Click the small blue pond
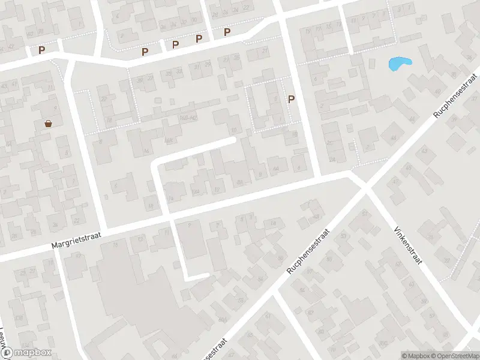[399, 63]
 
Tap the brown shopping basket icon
[47, 124]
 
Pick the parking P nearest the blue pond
[292, 100]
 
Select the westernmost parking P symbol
[41, 51]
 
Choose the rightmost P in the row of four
[227, 32]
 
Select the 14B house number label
[195, 191]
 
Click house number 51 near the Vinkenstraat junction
[364, 214]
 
